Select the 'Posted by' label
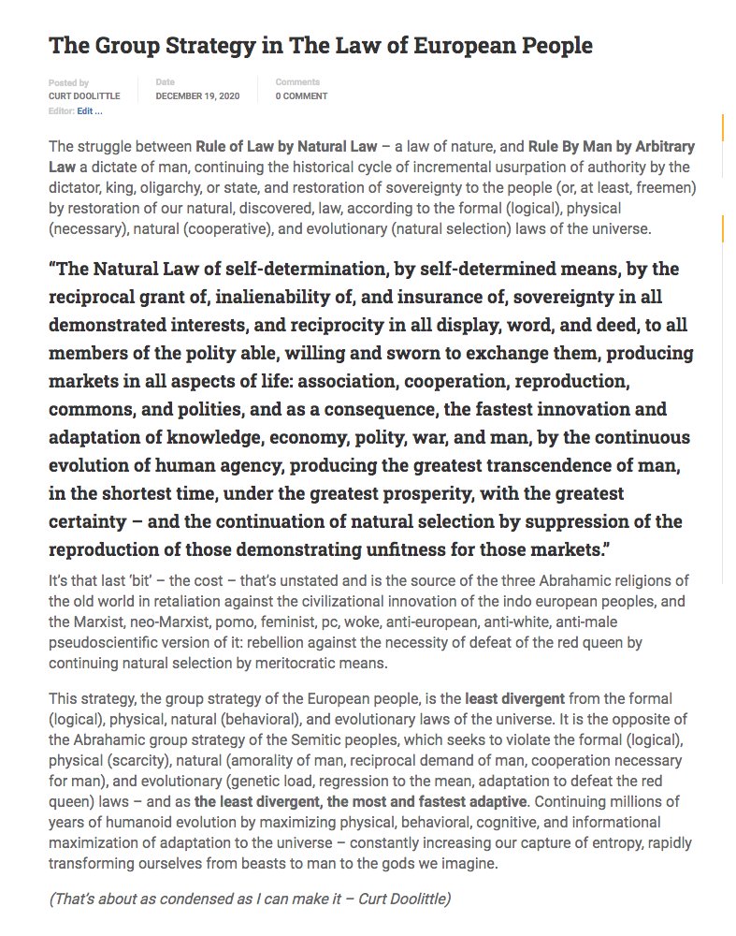[68, 82]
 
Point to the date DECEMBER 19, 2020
[201, 96]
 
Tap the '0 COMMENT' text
[301, 96]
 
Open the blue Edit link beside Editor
[90, 111]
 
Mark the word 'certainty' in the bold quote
[87, 521]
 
